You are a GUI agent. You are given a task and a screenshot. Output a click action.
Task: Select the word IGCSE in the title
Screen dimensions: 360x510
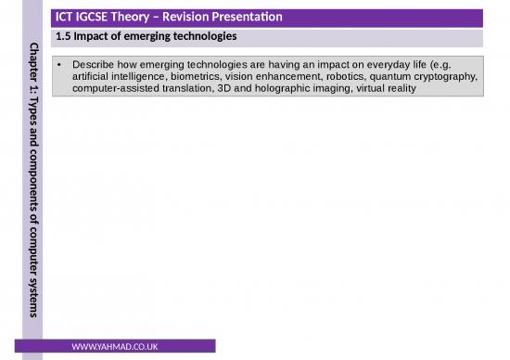99,18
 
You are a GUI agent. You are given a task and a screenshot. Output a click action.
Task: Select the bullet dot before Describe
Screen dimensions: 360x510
59,65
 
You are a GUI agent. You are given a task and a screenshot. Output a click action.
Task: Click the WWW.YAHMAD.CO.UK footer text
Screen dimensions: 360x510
114,347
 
